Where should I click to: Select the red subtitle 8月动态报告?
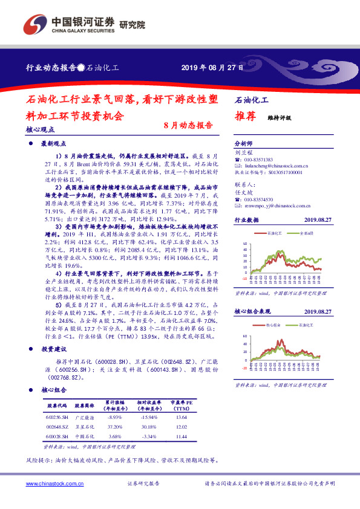tap(188, 126)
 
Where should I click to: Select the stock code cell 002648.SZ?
tap(56, 426)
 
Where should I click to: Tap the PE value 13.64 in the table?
tap(181, 417)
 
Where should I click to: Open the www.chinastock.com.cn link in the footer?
tap(51, 484)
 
